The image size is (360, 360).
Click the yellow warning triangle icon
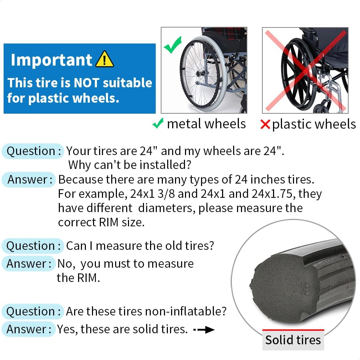(x=104, y=60)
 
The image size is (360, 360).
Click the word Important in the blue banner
(x=51, y=60)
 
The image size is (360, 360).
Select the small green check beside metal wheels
(x=158, y=124)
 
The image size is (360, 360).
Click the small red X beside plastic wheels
(x=265, y=124)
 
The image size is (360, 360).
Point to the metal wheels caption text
(x=206, y=124)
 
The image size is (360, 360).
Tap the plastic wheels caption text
(x=314, y=124)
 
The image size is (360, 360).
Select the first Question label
(x=33, y=151)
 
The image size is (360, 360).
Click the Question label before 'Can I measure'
(x=33, y=246)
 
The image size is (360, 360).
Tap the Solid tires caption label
(x=293, y=340)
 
